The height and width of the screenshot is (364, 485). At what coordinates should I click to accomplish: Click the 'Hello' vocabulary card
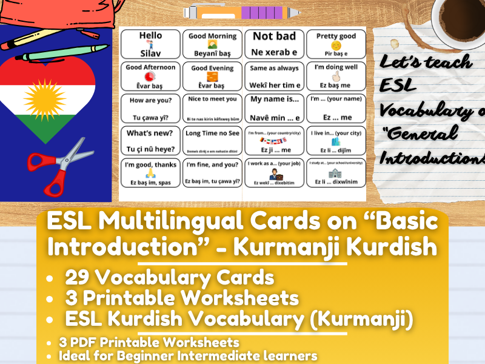(x=150, y=44)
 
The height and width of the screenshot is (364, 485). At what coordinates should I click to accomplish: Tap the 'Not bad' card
(x=275, y=44)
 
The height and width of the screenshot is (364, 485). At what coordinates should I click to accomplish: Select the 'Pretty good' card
(x=336, y=44)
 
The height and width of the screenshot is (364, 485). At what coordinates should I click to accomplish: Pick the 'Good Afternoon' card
(x=150, y=76)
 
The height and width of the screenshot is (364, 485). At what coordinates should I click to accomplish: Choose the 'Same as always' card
(x=275, y=76)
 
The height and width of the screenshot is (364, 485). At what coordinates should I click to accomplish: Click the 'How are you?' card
(x=150, y=108)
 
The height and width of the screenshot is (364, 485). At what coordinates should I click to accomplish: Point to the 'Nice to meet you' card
(x=212, y=108)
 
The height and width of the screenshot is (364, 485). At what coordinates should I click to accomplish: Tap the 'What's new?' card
(x=150, y=141)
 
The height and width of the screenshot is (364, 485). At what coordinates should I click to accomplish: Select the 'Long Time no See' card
(x=212, y=141)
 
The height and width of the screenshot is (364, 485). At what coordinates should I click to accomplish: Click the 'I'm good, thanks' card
(x=150, y=173)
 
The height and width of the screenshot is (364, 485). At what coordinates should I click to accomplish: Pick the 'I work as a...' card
(x=275, y=173)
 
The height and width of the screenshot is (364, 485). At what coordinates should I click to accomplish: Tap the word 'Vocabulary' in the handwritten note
(x=424, y=110)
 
